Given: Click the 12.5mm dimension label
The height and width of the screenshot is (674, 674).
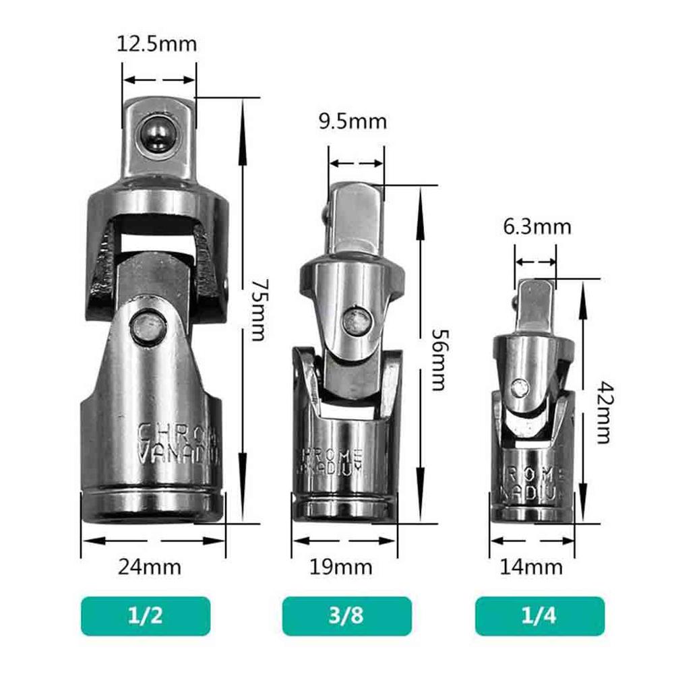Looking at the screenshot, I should pos(156,44).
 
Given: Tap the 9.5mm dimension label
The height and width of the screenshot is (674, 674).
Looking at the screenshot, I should pos(353,121).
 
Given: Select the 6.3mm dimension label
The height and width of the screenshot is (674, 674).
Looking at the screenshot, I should pos(537,226).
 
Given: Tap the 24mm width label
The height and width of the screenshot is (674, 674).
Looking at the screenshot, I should pos(150,567).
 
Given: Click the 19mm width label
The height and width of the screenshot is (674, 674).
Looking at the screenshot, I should pos(340,567).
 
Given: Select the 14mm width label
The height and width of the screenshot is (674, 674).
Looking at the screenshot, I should pos(531,567).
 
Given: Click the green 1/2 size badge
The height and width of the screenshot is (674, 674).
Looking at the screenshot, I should pos(146,616).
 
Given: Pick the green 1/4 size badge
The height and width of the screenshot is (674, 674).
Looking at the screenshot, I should pos(538,616).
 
